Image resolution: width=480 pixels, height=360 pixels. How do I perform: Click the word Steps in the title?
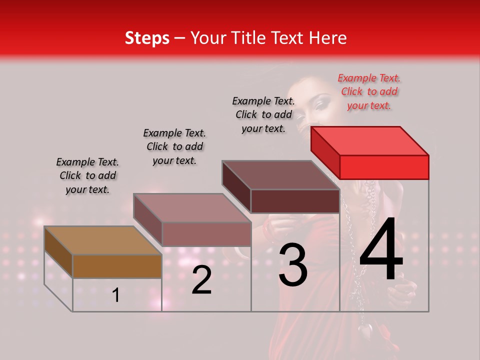click(x=147, y=38)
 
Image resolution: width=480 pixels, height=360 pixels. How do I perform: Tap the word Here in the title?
click(x=328, y=38)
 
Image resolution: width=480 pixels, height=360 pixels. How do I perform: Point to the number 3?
click(x=292, y=265)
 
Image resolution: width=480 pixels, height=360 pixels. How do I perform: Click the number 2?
click(x=201, y=280)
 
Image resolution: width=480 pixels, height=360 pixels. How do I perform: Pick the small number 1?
click(x=116, y=295)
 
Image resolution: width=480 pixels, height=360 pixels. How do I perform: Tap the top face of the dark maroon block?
click(x=281, y=175)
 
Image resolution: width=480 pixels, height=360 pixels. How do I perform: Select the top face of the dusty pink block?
click(x=192, y=208)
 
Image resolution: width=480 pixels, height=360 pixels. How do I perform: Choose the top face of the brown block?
click(x=103, y=240)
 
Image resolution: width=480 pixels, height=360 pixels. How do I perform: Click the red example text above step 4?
click(x=369, y=91)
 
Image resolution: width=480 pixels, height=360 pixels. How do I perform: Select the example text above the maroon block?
click(x=263, y=114)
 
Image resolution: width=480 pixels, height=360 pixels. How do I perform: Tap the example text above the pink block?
click(x=174, y=146)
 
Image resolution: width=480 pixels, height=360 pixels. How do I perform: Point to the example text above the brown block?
click(x=87, y=175)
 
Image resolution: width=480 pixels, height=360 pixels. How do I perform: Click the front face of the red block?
click(x=384, y=167)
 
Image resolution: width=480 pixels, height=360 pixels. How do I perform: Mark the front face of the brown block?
click(x=117, y=266)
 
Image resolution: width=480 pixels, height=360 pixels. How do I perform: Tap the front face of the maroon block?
click(x=295, y=201)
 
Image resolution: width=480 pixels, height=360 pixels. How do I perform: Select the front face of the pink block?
click(x=206, y=234)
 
